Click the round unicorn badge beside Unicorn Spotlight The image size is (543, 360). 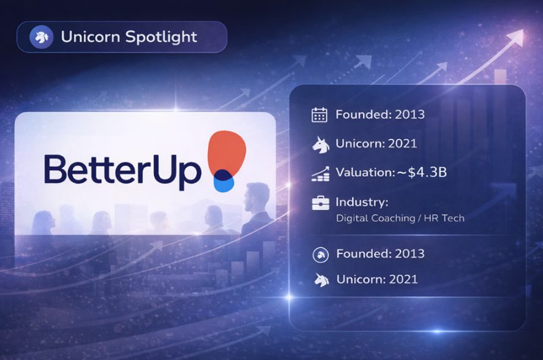coord(41,37)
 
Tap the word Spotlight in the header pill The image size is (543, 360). coord(161,37)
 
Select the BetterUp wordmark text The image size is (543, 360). coord(122,170)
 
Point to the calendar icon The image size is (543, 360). coord(320,114)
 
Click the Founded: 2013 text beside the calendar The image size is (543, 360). coord(380,114)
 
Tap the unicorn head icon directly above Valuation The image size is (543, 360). coord(320,144)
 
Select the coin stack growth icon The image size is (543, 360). coord(320,174)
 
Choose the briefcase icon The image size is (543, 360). coord(320,203)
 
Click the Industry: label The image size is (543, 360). coord(362,201)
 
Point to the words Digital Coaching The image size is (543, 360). coord(376,219)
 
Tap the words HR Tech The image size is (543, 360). coord(444,218)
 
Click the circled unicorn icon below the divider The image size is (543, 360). coord(321,255)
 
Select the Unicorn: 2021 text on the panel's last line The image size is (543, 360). coord(377,279)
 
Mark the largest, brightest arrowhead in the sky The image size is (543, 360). coord(515,37)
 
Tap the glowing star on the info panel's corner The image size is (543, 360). coord(289,297)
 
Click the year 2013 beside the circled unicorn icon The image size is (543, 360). coord(410,253)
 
